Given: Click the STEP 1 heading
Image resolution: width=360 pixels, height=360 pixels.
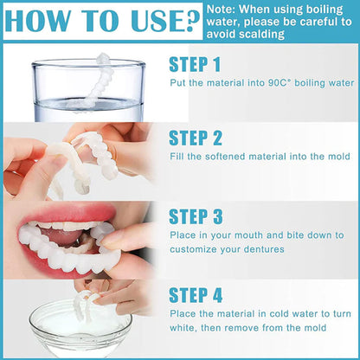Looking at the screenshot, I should [200, 65].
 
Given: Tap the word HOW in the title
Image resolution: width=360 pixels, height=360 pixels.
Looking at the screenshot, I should [39, 21].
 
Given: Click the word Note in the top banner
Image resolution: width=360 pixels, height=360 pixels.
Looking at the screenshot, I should [225, 9].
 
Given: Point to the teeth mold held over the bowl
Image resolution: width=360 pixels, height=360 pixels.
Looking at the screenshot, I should [87, 304].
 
